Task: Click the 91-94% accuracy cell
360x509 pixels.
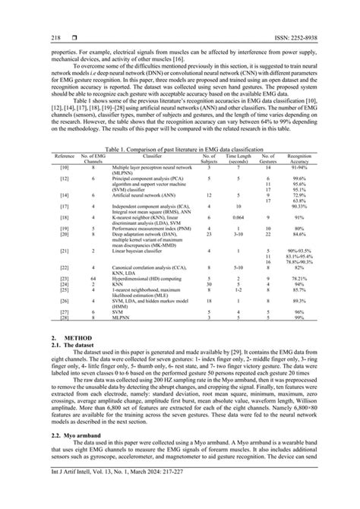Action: [304, 187]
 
